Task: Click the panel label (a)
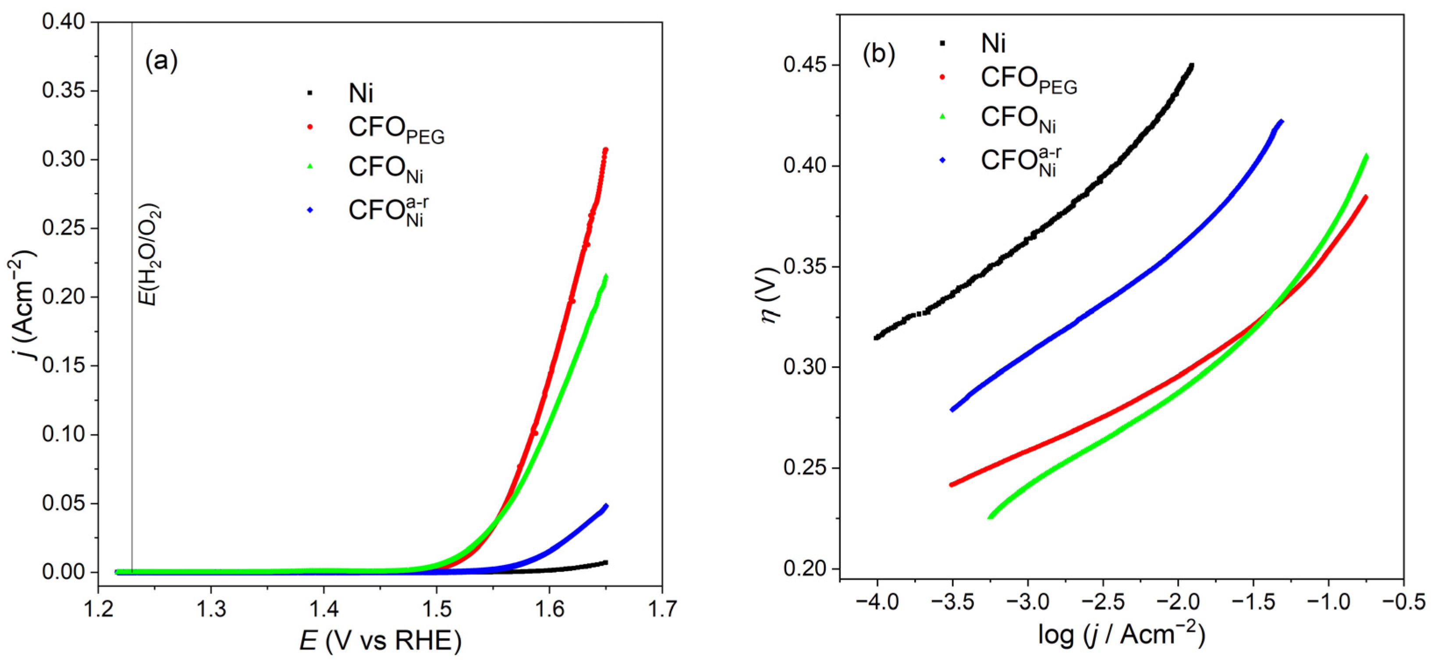161,61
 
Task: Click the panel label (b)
878,54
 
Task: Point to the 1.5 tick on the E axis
436,609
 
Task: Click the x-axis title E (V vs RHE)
380,641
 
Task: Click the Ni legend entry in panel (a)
361,93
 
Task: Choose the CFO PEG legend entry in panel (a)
395,129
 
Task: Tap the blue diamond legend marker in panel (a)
310,210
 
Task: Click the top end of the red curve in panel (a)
606,150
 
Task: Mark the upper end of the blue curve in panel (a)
606,506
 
